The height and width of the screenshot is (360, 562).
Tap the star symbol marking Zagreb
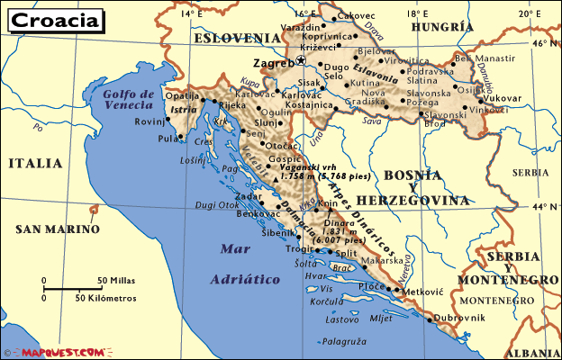pos(301,61)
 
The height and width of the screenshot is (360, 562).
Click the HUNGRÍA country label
pos(442,27)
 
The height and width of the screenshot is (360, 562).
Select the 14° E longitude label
pos(190,13)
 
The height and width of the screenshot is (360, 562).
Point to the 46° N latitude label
pos(543,42)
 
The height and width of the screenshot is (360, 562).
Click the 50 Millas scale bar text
pos(116,280)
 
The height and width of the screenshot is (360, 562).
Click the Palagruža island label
pos(346,341)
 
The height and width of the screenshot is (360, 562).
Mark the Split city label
pos(346,255)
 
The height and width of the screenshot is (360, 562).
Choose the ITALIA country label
pos(34,163)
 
